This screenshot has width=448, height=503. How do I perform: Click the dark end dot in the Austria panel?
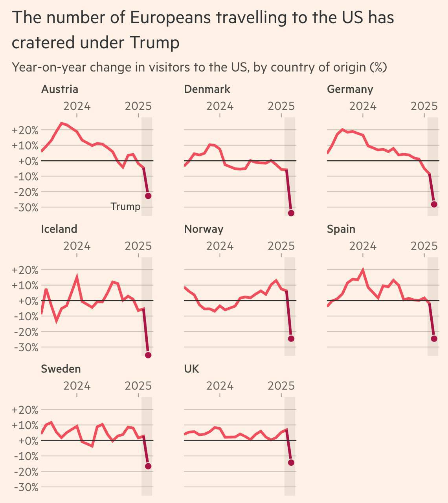tap(148, 196)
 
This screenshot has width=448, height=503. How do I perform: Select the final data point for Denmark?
tap(291, 213)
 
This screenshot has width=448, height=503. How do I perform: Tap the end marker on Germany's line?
tap(434, 204)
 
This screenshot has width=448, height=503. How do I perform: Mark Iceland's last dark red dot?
tap(148, 355)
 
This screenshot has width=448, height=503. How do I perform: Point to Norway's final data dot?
tap(291, 339)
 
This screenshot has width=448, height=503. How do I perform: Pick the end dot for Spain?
tap(434, 339)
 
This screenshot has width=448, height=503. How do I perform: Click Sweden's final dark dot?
tap(148, 466)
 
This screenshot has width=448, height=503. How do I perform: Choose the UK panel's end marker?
tap(291, 463)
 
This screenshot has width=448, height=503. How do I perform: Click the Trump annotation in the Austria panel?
tap(125, 207)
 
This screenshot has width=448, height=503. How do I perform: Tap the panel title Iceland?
tap(59, 229)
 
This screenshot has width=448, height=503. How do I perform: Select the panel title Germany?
tap(350, 89)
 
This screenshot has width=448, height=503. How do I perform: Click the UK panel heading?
tap(191, 369)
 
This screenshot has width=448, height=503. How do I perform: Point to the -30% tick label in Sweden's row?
tap(26, 487)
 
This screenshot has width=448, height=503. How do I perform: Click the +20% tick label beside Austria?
tap(26, 130)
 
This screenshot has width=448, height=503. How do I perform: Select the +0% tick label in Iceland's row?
tap(28, 301)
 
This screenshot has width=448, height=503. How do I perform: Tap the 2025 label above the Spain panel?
tap(424, 246)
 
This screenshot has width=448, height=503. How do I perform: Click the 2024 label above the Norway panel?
tap(220, 246)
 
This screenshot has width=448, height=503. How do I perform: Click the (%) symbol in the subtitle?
tap(378, 67)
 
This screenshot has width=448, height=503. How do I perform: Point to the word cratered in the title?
tap(44, 42)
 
